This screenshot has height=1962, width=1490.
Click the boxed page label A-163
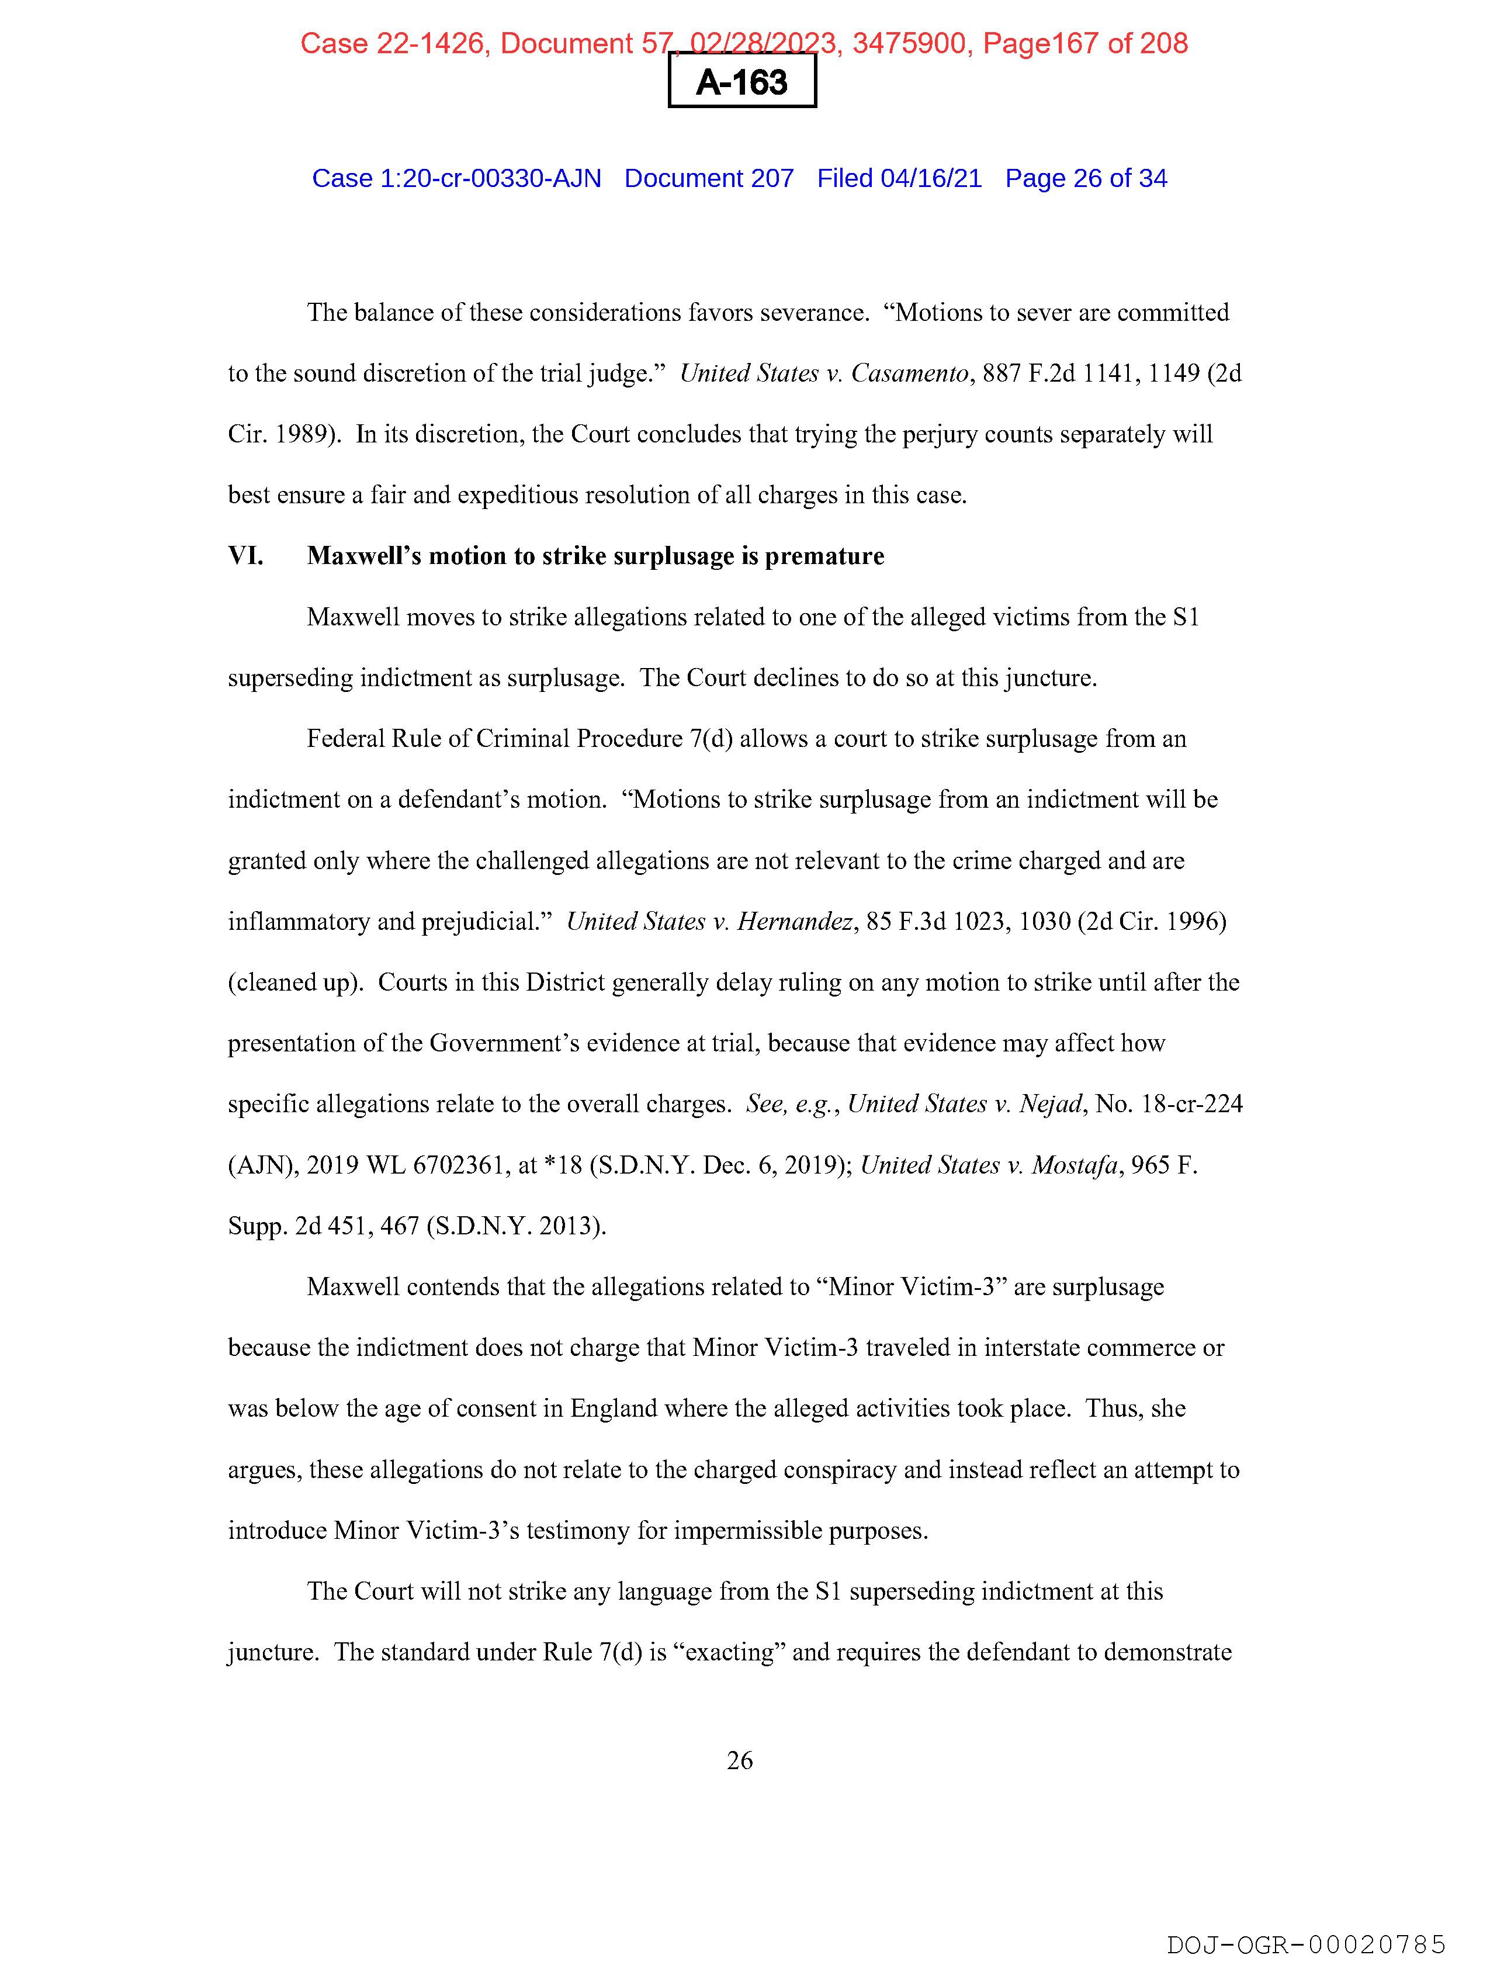[741, 82]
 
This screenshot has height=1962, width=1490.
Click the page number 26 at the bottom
[740, 1760]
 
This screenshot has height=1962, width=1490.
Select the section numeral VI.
[245, 556]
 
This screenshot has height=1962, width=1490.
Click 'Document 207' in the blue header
[709, 178]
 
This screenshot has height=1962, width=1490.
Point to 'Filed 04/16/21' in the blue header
[899, 178]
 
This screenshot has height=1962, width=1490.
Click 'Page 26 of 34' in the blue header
[1086, 178]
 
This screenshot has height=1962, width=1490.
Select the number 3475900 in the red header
[908, 43]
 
